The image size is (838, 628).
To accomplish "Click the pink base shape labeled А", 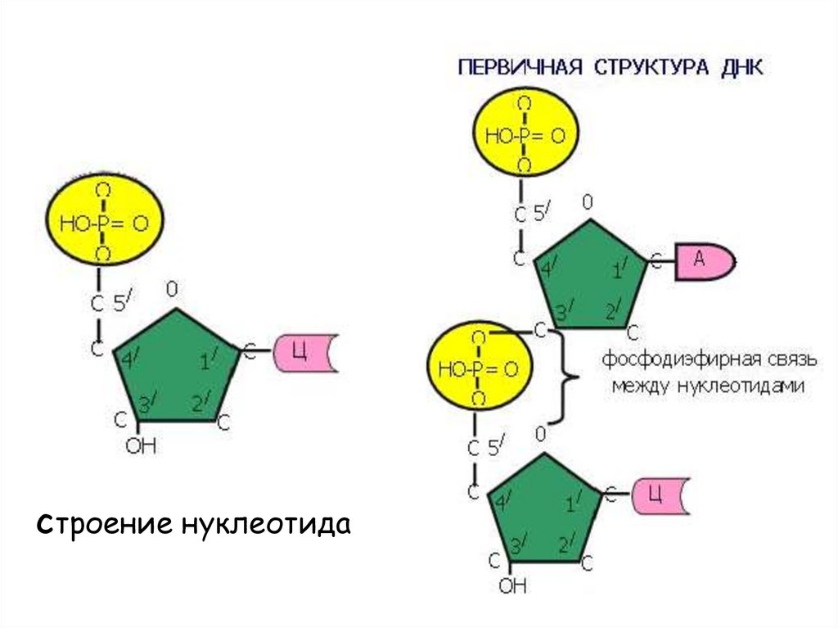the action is click(703, 262).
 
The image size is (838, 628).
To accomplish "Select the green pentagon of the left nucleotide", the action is click(176, 367).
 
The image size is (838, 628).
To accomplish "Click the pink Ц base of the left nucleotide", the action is click(304, 354).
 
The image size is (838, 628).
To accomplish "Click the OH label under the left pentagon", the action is click(140, 447).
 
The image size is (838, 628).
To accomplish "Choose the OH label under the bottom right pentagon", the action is click(512, 586).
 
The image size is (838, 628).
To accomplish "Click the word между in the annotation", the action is click(642, 386).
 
